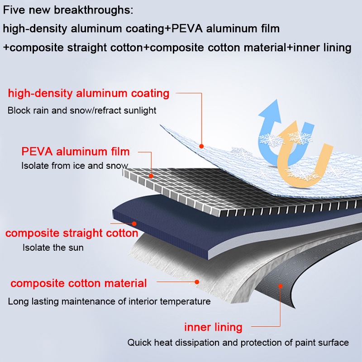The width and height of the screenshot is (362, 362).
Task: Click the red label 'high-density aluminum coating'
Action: (x=89, y=94)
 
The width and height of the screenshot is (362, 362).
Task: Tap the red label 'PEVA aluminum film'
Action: (x=76, y=151)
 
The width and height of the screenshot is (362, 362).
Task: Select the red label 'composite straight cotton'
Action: (x=71, y=233)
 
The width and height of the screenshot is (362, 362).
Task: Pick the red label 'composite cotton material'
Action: (x=79, y=284)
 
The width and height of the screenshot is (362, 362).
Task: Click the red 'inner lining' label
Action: (x=213, y=327)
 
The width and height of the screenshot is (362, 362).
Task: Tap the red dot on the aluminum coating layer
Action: (x=202, y=146)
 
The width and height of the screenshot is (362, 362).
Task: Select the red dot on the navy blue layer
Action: (x=134, y=223)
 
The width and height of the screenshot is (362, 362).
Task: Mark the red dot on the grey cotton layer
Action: (x=197, y=281)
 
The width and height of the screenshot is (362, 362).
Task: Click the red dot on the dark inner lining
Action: (x=280, y=286)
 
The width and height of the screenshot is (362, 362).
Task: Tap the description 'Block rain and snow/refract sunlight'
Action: (x=82, y=110)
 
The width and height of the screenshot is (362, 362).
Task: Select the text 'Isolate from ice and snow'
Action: (x=75, y=166)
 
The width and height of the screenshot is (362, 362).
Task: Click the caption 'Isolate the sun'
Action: (x=53, y=248)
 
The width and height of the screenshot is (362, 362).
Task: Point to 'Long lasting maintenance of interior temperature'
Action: (x=109, y=301)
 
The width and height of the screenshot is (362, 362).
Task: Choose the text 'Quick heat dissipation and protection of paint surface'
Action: (x=238, y=343)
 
